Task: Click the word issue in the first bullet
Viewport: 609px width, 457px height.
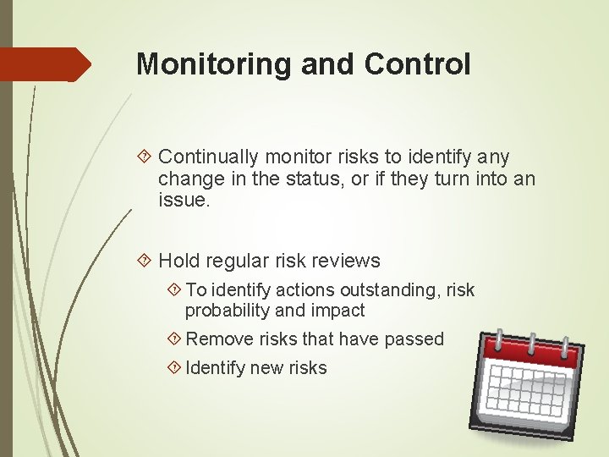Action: point(181,201)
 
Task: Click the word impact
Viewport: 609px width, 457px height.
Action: point(337,311)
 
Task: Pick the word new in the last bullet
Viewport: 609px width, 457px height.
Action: point(264,367)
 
